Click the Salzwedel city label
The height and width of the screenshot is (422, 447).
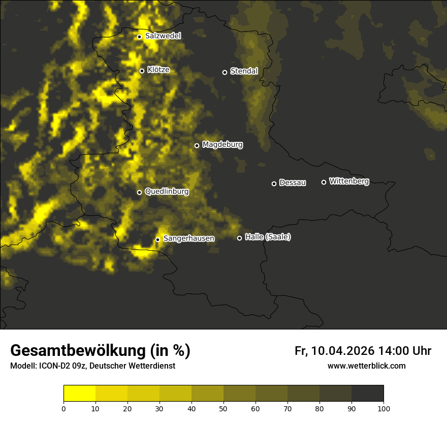pos(163,36)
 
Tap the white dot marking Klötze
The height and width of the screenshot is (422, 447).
pos(142,71)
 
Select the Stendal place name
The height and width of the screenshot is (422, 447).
pos(244,71)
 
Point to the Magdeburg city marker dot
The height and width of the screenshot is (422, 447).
pos(197,146)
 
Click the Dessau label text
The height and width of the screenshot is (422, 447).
pos(293,183)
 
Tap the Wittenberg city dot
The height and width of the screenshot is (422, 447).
pos(324,182)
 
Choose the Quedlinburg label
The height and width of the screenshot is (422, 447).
pos(167,192)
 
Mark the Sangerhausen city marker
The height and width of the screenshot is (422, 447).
pos(157,239)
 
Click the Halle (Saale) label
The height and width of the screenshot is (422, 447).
pos(268,237)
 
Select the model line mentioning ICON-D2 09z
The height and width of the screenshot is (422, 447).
pos(92,366)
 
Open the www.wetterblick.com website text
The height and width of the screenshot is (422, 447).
pos(367,366)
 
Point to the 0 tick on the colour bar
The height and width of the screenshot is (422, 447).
pos(63,408)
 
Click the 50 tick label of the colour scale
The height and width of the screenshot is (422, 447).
pos(223,408)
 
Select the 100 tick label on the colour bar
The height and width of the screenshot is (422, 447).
pos(384,408)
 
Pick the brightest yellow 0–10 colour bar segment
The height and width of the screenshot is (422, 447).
pos(79,394)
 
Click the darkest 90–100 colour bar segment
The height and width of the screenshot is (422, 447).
pos(367,394)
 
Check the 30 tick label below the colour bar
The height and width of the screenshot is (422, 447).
pos(159,408)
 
